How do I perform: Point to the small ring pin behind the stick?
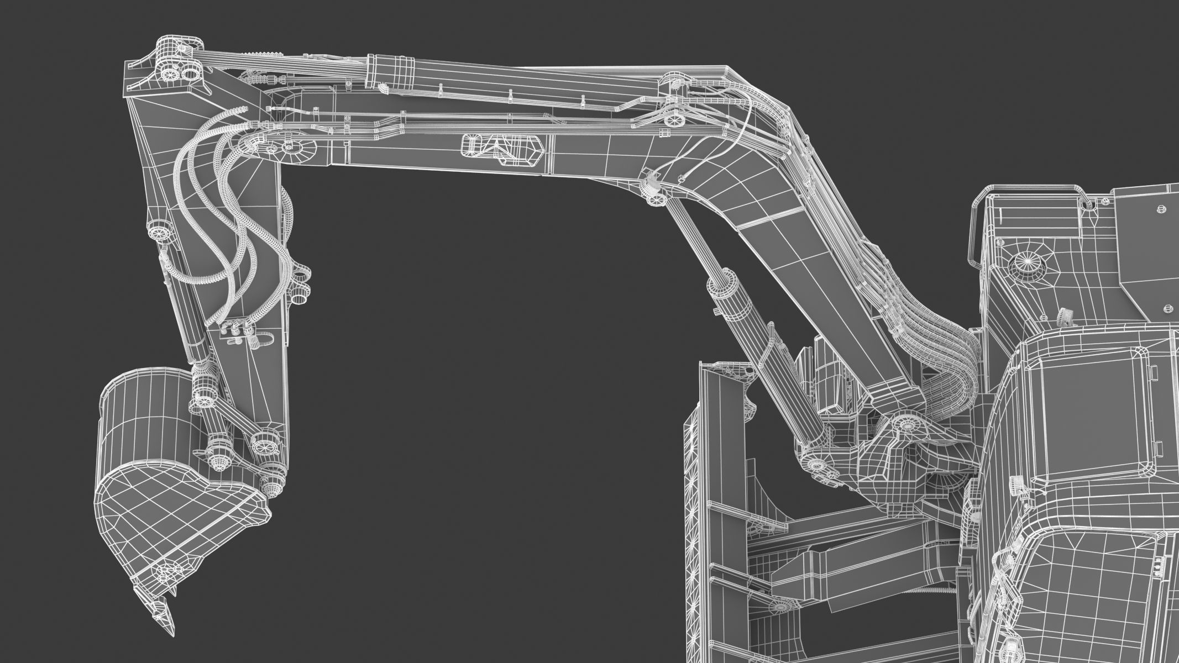(x=300, y=287)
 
